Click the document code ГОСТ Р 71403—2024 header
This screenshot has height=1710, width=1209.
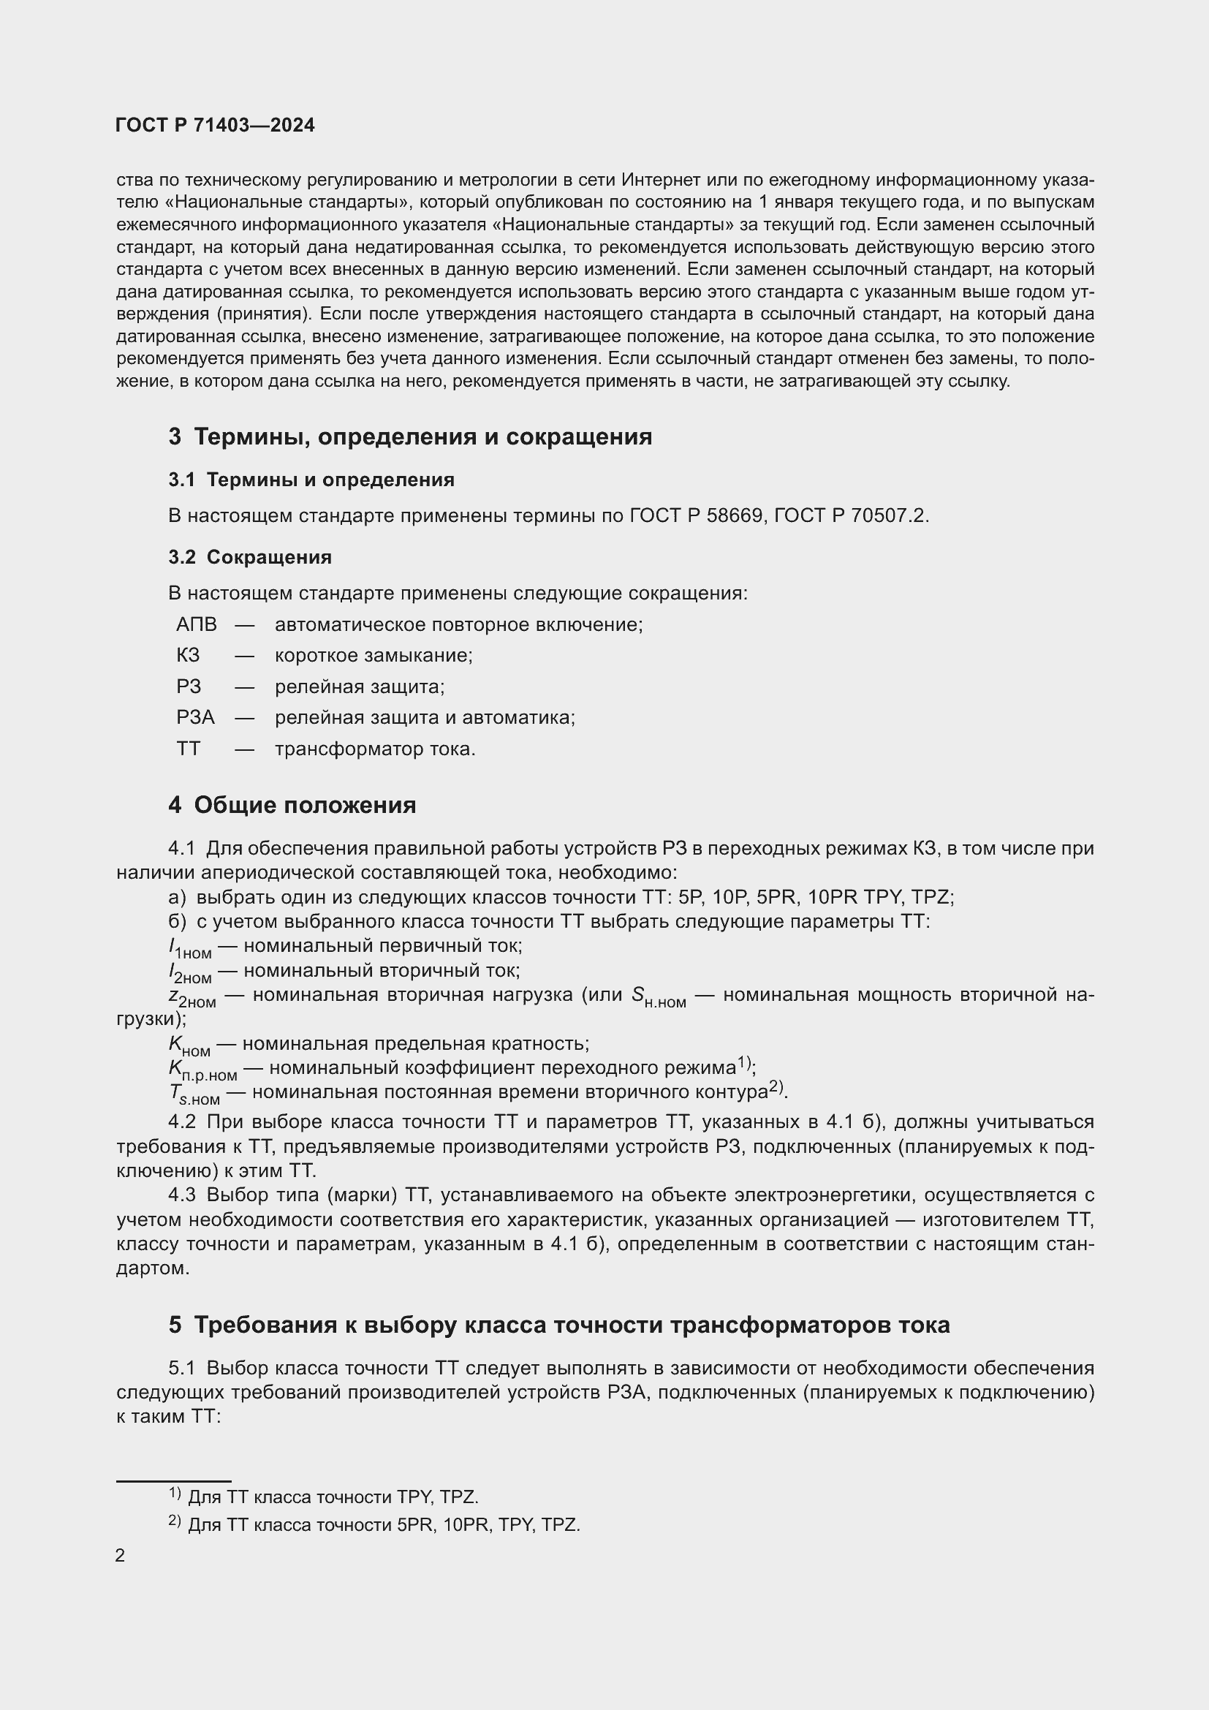click(x=215, y=125)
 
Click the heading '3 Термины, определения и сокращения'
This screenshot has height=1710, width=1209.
click(x=410, y=436)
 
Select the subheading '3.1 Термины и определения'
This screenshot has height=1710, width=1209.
click(x=311, y=480)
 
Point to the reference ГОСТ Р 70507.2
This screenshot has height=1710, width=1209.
click(x=851, y=515)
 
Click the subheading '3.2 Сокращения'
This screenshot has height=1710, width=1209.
click(x=250, y=557)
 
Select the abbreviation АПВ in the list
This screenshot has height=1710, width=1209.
click(x=197, y=624)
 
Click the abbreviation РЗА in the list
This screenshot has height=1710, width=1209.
click(x=196, y=717)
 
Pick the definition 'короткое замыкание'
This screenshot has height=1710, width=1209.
click(x=374, y=655)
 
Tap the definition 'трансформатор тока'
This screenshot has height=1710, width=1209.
click(x=375, y=749)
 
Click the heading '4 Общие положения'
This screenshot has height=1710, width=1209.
click(x=292, y=805)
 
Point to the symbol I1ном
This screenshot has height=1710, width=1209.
click(x=190, y=948)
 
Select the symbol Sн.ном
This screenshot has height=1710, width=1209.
click(x=658, y=996)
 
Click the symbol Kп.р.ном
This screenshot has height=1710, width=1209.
click(x=202, y=1070)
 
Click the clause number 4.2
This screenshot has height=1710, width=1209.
click(x=182, y=1122)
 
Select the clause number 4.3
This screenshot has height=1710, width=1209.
click(x=182, y=1195)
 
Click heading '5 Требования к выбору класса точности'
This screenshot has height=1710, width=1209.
click(x=559, y=1325)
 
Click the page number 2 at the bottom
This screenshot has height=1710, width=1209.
click(x=121, y=1556)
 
